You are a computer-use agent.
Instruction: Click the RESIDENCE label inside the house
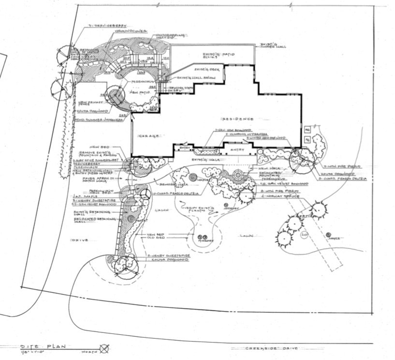[237, 119]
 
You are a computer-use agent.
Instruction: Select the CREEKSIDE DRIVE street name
[269, 348]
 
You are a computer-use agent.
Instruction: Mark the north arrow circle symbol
[103, 348]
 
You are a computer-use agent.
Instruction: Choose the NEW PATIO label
[144, 91]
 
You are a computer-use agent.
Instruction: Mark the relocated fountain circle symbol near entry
[238, 175]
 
